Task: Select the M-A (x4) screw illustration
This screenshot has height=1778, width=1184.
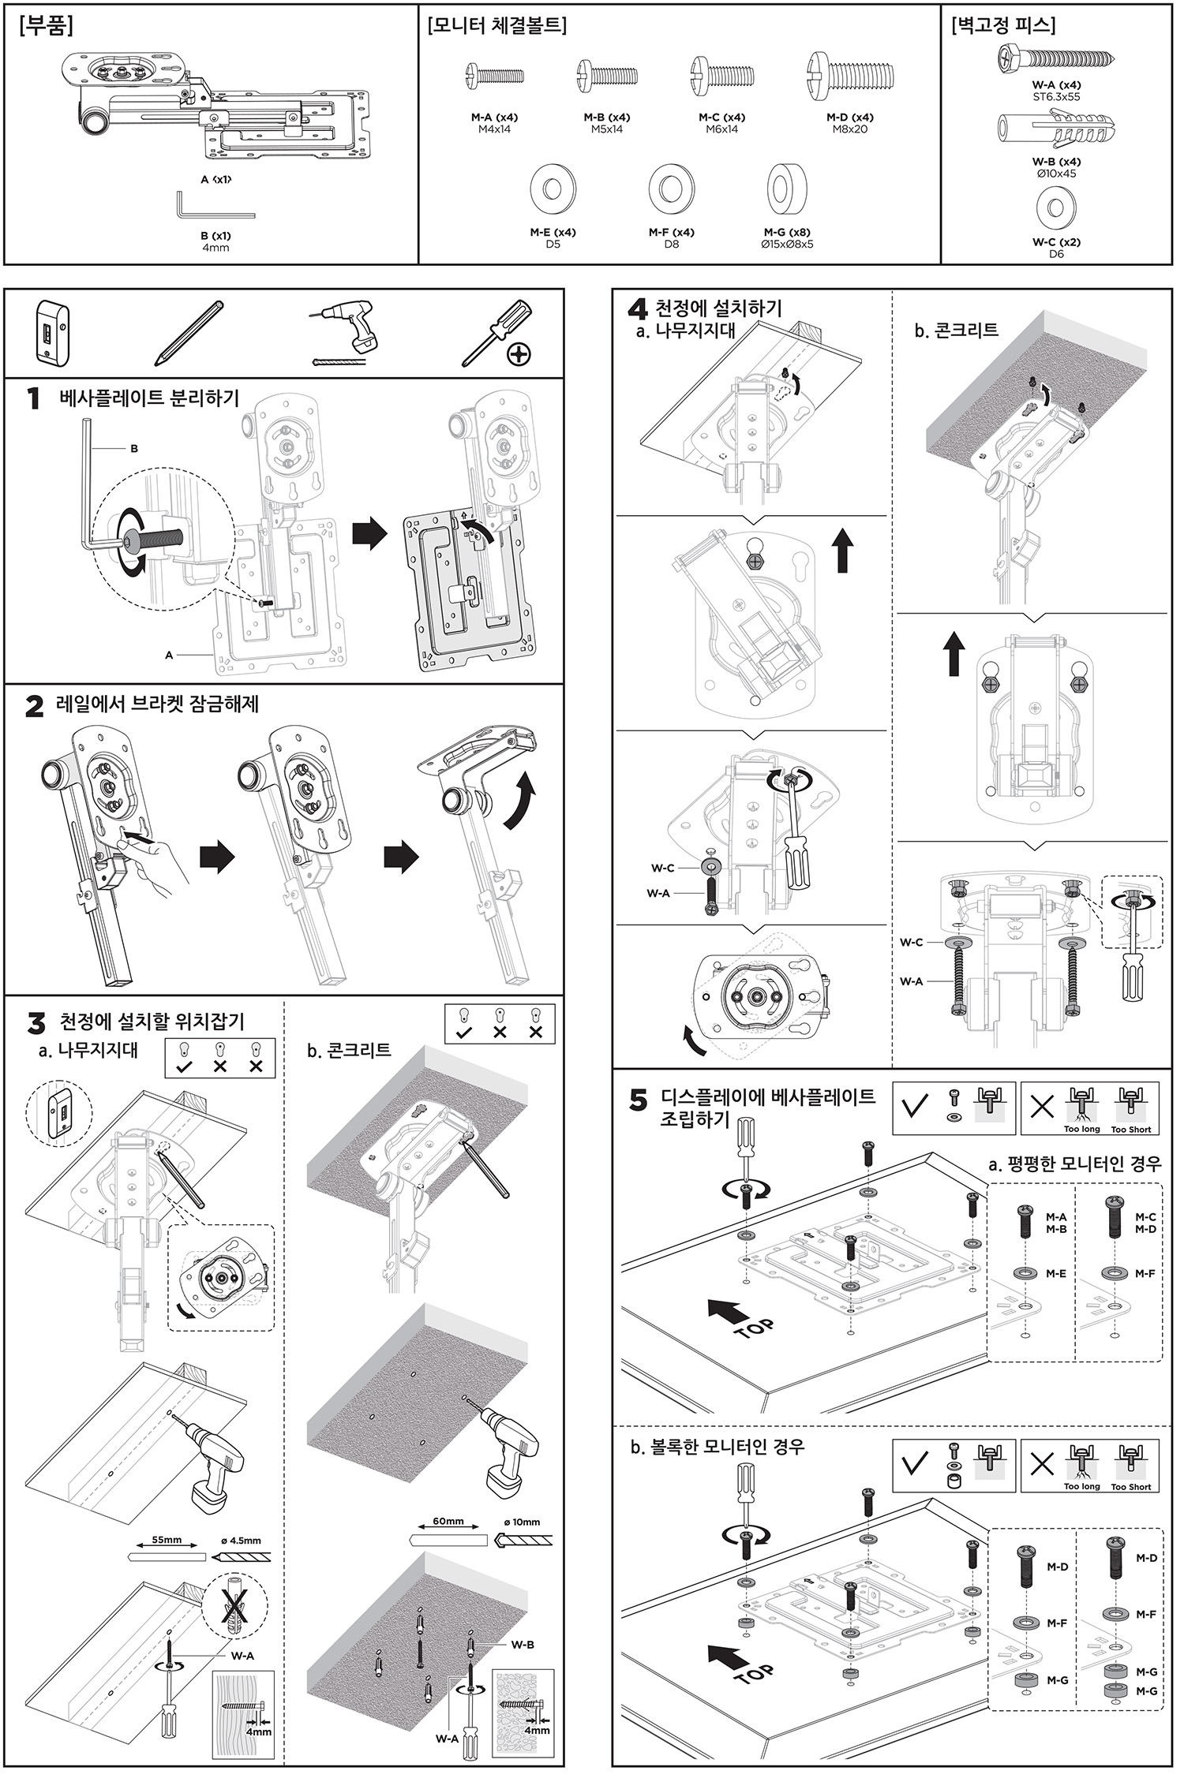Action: (494, 77)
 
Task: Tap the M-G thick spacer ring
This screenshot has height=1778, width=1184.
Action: (787, 190)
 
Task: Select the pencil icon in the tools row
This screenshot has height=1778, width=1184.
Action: (189, 332)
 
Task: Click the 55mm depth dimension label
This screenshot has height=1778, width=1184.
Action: (167, 1540)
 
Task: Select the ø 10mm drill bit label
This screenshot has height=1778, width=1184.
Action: (522, 1522)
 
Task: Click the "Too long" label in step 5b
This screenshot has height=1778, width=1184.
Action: (1081, 1486)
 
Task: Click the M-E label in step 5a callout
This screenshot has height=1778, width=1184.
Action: (1056, 1273)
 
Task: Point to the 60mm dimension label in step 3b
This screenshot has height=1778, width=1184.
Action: (448, 1522)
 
